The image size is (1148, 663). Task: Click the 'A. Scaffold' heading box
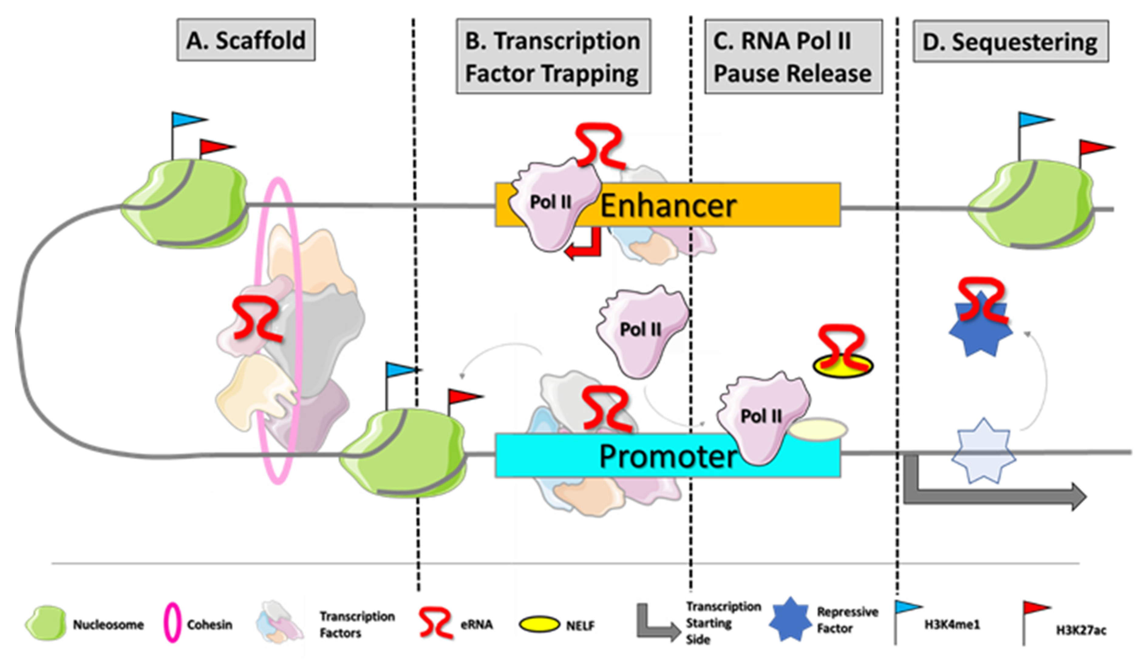coord(246,40)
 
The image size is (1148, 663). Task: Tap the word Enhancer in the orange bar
coord(668,206)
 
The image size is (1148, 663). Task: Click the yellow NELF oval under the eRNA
coord(843,367)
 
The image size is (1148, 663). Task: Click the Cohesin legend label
coord(210,624)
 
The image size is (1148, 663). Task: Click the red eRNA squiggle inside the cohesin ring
coord(257,319)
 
